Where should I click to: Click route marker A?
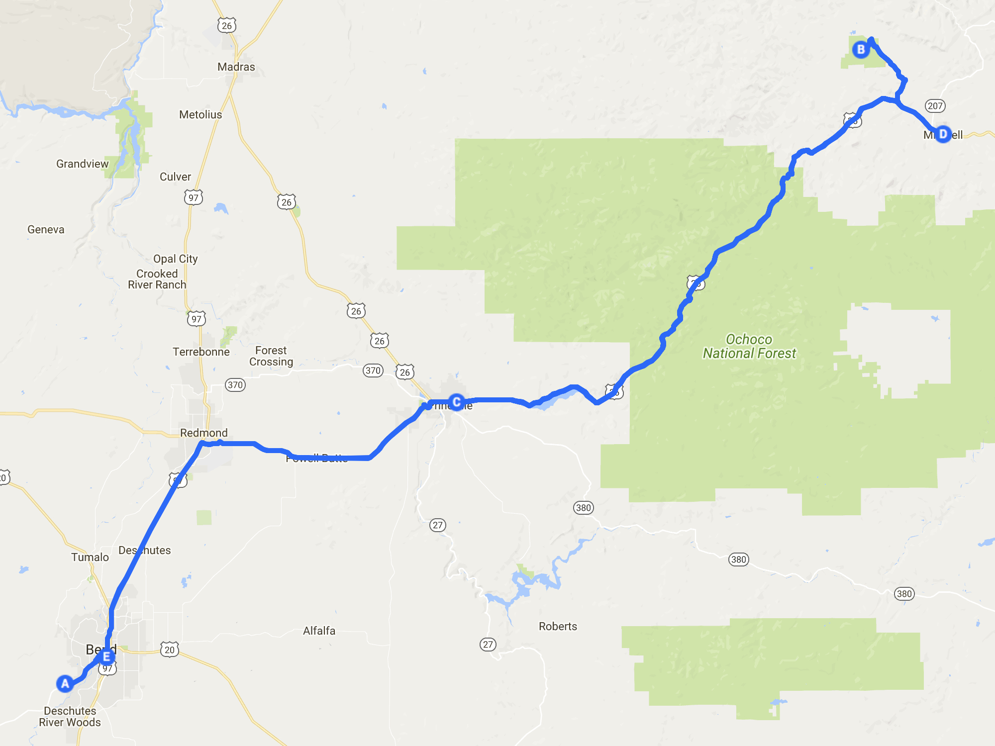coord(65,684)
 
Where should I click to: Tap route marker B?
coord(861,50)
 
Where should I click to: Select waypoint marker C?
coord(456,402)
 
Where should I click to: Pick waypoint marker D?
coord(942,134)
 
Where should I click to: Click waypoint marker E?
coord(106,657)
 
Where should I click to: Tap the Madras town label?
coord(236,67)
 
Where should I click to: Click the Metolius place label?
coord(200,115)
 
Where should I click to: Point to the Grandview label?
coord(82,164)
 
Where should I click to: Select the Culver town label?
coord(175,177)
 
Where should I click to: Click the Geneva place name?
coord(46,230)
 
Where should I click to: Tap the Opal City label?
coord(175,259)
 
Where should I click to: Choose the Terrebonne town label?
coord(201,352)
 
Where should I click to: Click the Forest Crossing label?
coord(271,356)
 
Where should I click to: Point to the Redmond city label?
coord(203,433)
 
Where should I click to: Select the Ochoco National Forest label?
coord(749,347)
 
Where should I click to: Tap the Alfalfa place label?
coord(319,631)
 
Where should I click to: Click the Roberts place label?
coord(558,627)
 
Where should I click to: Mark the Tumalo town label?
coord(90,558)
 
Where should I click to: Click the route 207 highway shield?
coord(935,106)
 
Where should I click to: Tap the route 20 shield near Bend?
coord(170,650)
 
